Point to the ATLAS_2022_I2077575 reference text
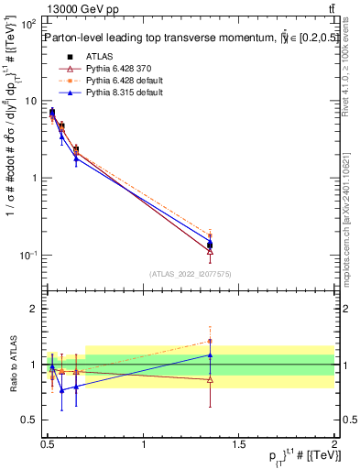190,273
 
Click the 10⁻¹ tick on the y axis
29,255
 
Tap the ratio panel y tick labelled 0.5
29,420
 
